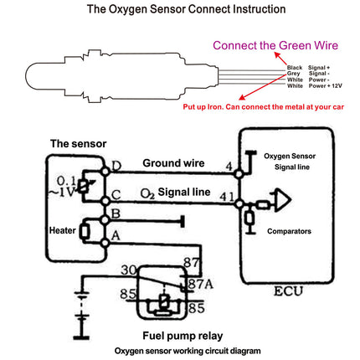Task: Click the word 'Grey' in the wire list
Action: [294, 74]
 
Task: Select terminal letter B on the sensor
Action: [115, 215]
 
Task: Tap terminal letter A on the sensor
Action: [115, 237]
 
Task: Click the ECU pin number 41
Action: [224, 197]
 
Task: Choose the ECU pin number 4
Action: [228, 165]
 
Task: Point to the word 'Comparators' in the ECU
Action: [290, 229]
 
